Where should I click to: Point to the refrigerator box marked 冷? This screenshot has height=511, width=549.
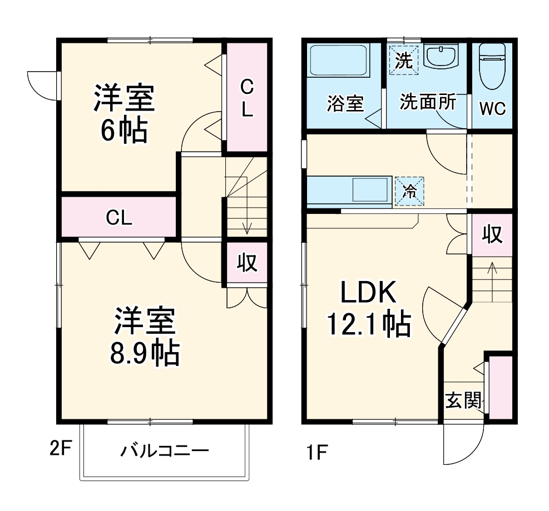(409, 191)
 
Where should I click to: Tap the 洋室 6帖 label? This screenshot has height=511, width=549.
(123, 114)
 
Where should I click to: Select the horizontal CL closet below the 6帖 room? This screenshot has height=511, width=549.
(119, 217)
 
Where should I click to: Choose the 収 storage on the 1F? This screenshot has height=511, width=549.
(492, 235)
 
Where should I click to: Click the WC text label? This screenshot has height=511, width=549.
(492, 109)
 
